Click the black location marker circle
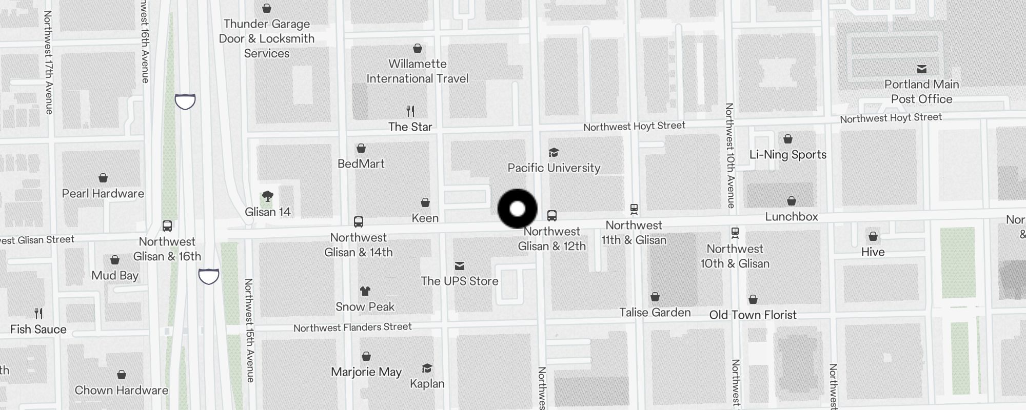click(x=518, y=209)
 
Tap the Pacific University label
click(x=554, y=168)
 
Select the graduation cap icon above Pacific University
click(x=554, y=153)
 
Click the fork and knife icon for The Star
click(x=410, y=111)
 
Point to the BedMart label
click(x=361, y=163)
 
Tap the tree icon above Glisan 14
click(x=267, y=196)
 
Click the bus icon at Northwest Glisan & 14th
click(x=359, y=222)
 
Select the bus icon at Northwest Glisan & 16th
click(x=167, y=226)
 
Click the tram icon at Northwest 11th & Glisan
click(x=634, y=209)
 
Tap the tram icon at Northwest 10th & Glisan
click(x=735, y=233)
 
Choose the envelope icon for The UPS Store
click(x=460, y=266)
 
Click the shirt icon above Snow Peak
click(x=365, y=291)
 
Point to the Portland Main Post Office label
click(x=921, y=92)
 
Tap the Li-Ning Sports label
click(x=788, y=154)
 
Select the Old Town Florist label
click(x=753, y=315)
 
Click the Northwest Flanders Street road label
click(x=352, y=327)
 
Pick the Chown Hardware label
click(x=122, y=390)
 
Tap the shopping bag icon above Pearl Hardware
click(x=103, y=178)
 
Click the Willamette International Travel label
click(x=418, y=71)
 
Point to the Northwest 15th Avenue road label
click(x=249, y=331)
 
